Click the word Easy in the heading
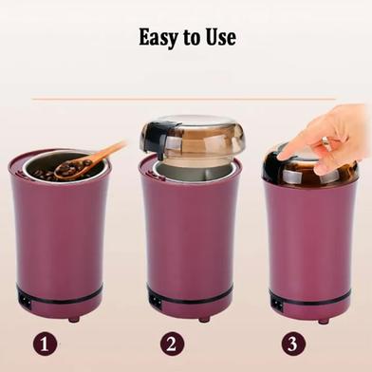point(158,38)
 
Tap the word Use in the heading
point(221,37)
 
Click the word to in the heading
point(192,38)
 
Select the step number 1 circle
point(45,344)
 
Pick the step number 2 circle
point(172,344)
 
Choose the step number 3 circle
point(293,344)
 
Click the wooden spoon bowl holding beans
point(68,169)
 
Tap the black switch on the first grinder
point(25,299)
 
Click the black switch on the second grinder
point(155,302)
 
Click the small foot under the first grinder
point(74,319)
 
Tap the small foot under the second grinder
point(204,319)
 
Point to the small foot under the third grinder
point(324,321)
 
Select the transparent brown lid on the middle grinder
point(193,139)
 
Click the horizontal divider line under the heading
point(183,99)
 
